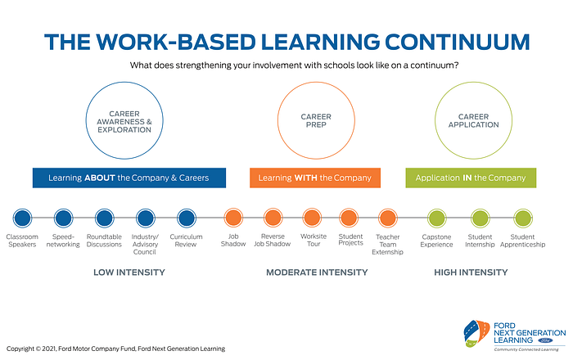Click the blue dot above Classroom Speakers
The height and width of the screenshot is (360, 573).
tap(22, 218)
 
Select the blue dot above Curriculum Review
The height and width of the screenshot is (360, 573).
tap(187, 218)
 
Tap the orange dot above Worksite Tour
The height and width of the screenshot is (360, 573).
tap(312, 218)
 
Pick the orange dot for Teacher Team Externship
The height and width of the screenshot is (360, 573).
tap(388, 218)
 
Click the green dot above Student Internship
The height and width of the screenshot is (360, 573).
tap(480, 218)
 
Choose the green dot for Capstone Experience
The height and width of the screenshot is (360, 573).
tap(436, 218)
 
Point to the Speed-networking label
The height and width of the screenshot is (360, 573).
tap(63, 241)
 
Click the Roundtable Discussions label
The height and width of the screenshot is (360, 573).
tap(104, 241)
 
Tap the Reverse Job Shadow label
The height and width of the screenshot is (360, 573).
tap(273, 241)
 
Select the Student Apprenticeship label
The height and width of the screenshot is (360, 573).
tap(522, 241)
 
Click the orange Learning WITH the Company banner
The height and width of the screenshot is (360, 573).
tap(315, 178)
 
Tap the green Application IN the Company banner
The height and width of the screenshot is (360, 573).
tap(471, 178)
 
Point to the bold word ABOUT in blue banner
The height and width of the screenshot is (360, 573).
tap(100, 178)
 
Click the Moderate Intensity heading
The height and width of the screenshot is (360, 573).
tap(317, 272)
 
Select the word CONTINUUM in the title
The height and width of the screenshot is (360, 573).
tap(457, 42)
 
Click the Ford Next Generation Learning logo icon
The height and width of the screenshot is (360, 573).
tap(476, 333)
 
